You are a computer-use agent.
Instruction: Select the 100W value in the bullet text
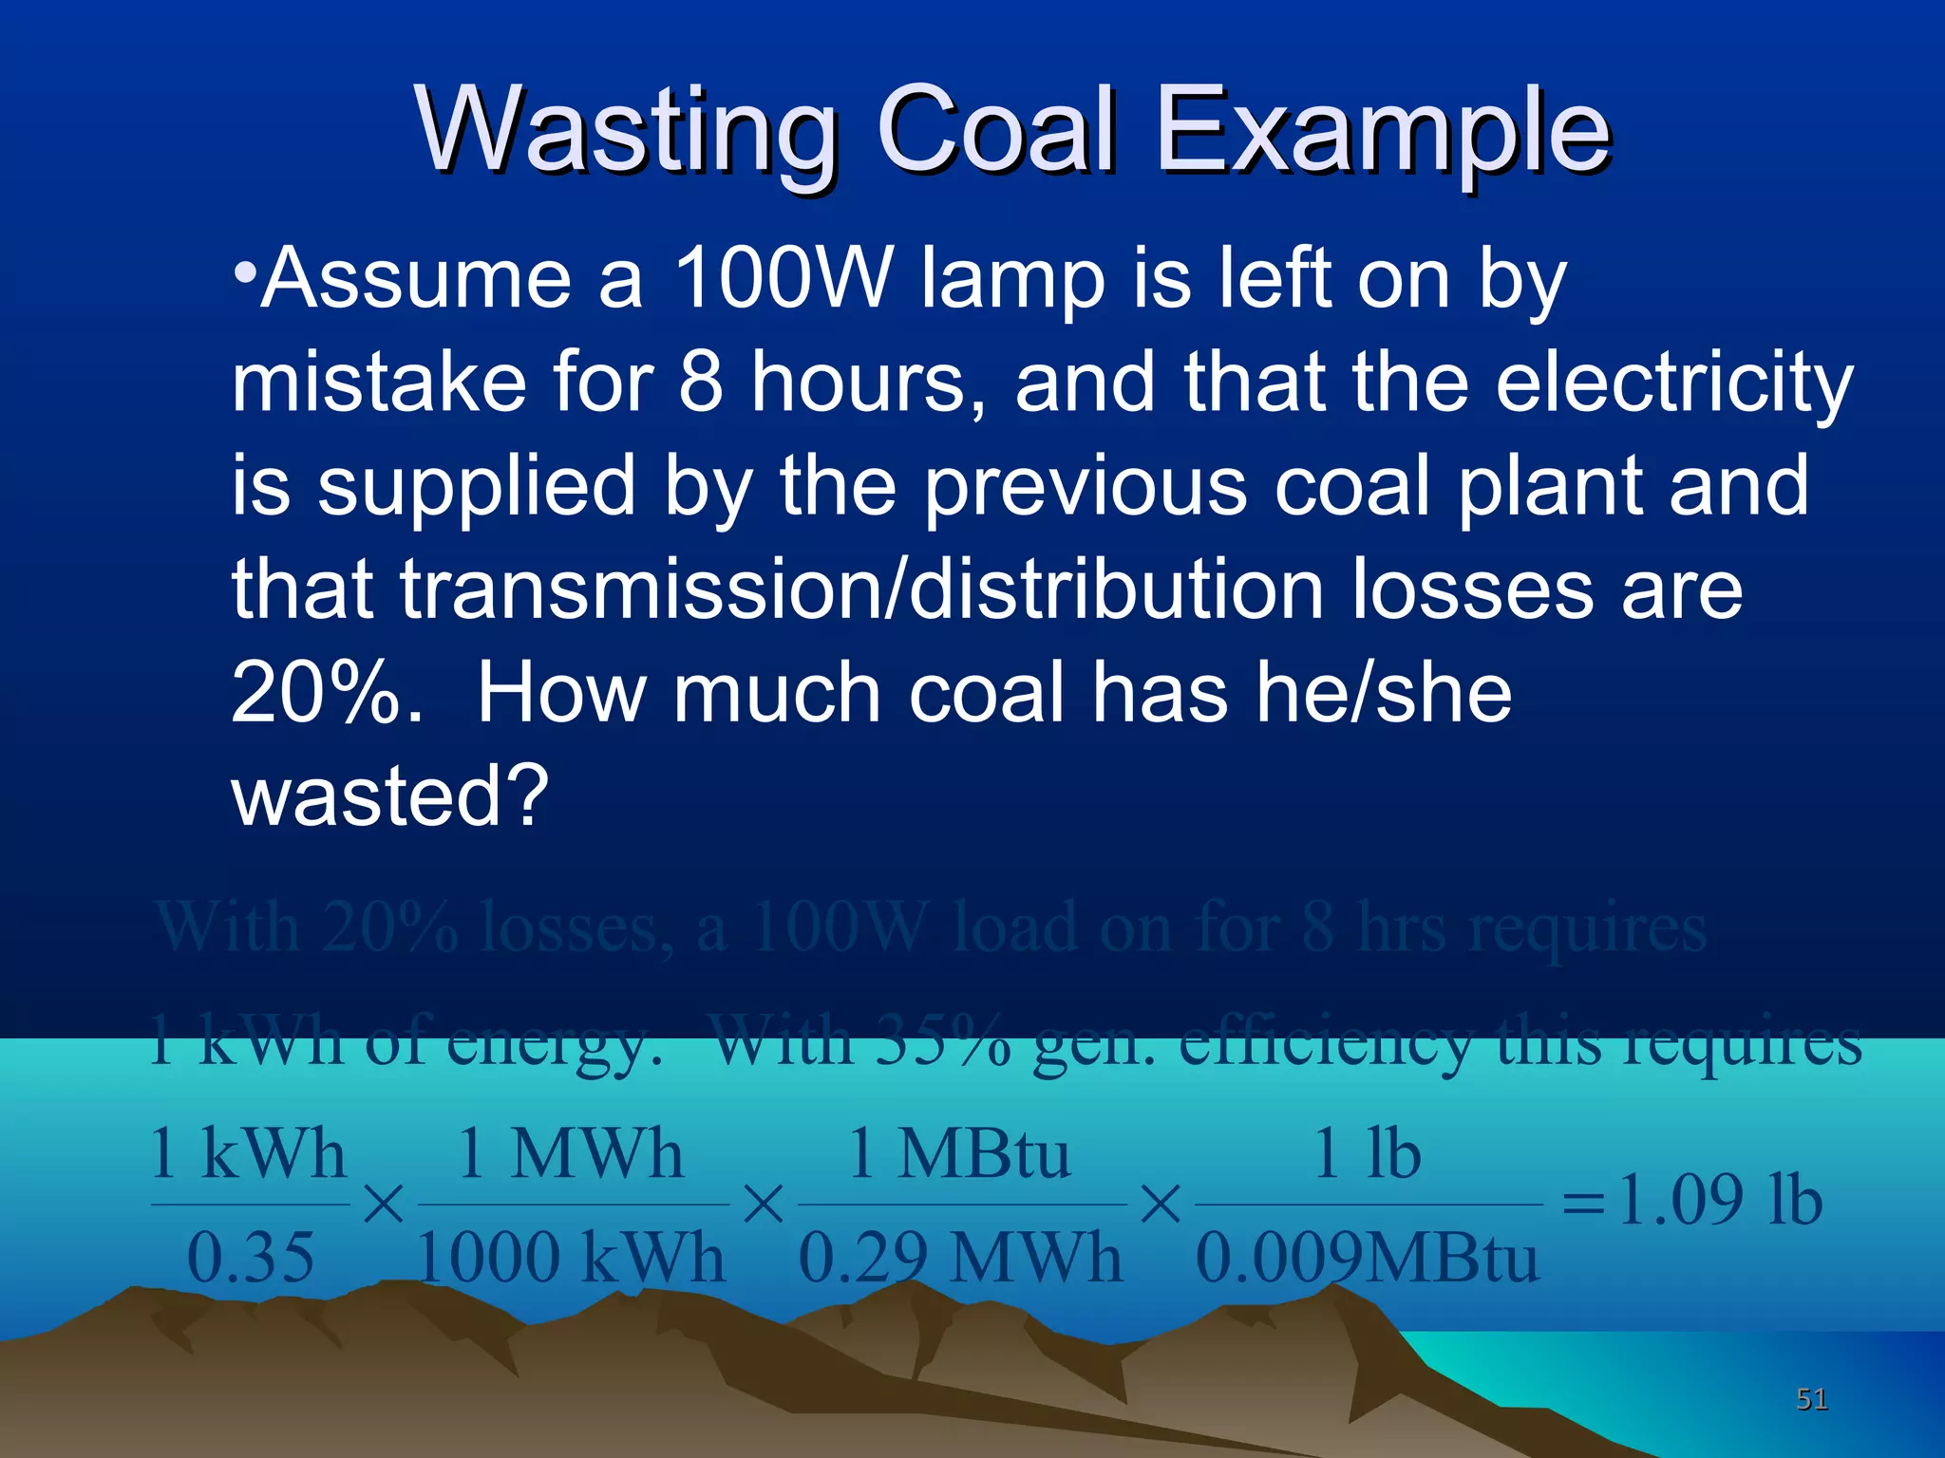784,279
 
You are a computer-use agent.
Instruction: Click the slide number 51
1811,1398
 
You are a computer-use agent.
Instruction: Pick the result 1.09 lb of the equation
1720,1202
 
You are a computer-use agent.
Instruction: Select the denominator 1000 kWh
571,1259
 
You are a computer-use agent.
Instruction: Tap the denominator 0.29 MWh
959,1259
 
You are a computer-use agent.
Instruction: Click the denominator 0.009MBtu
1367,1259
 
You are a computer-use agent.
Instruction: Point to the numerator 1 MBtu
959,1154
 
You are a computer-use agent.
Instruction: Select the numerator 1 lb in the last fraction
1367,1154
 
